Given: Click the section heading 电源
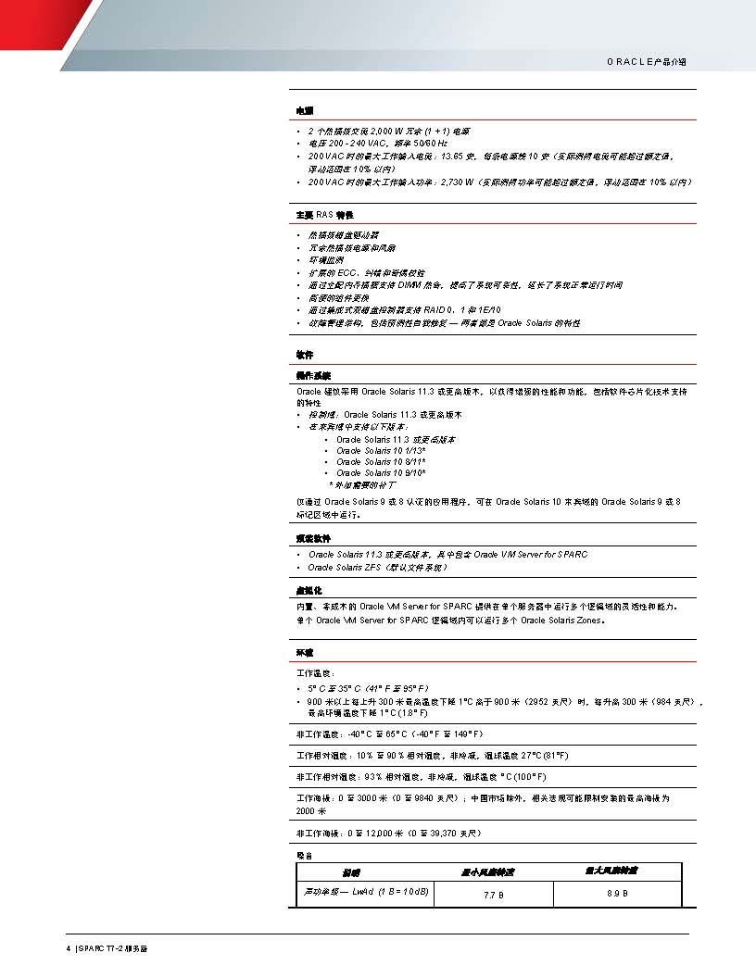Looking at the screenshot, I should pyautogui.click(x=304, y=110).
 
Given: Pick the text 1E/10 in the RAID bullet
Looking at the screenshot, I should pyautogui.click(x=490, y=310).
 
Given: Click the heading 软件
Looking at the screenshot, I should pyautogui.click(x=304, y=355).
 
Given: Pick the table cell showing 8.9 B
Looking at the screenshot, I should pyautogui.click(x=618, y=894).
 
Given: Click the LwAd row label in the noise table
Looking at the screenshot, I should pyautogui.click(x=367, y=891).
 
